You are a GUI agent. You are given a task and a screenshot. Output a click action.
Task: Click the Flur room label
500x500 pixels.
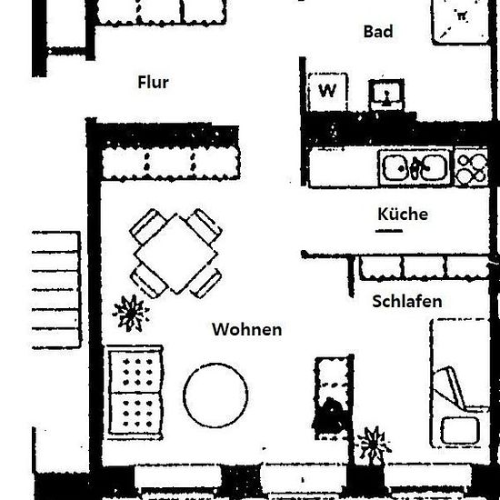tap(153, 82)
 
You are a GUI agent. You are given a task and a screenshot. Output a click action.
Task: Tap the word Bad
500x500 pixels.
tap(378, 32)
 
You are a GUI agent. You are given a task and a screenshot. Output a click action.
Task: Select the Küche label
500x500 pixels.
tap(403, 214)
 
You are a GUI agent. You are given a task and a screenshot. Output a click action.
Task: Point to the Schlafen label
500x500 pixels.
tap(407, 301)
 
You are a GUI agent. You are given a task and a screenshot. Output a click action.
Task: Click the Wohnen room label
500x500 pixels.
tap(247, 329)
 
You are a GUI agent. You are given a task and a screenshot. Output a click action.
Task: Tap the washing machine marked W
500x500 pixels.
tap(327, 92)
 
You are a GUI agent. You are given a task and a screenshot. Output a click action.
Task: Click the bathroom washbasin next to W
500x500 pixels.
tap(386, 95)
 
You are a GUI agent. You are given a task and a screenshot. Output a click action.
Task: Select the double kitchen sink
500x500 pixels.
tap(414, 167)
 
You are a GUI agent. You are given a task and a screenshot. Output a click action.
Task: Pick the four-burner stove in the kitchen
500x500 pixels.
tap(471, 167)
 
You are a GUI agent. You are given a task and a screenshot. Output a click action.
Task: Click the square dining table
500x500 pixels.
tap(175, 254)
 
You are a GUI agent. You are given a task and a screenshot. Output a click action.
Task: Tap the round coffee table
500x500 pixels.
tap(215, 395)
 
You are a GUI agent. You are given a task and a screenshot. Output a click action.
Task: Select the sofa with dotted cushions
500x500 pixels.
tap(135, 393)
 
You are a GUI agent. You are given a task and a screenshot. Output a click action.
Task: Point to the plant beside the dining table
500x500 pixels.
tap(131, 313)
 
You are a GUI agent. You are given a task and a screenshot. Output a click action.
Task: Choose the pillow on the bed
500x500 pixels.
tap(460, 431)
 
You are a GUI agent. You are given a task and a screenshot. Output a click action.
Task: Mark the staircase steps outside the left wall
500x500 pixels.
tap(56, 290)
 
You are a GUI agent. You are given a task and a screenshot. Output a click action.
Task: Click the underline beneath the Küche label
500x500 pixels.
tap(389, 231)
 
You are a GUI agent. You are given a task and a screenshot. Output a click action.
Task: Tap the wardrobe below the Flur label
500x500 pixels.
tap(171, 165)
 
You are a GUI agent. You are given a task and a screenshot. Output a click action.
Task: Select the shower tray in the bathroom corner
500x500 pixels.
tap(461, 21)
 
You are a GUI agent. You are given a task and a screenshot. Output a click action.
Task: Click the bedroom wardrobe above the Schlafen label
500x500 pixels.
tap(425, 268)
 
